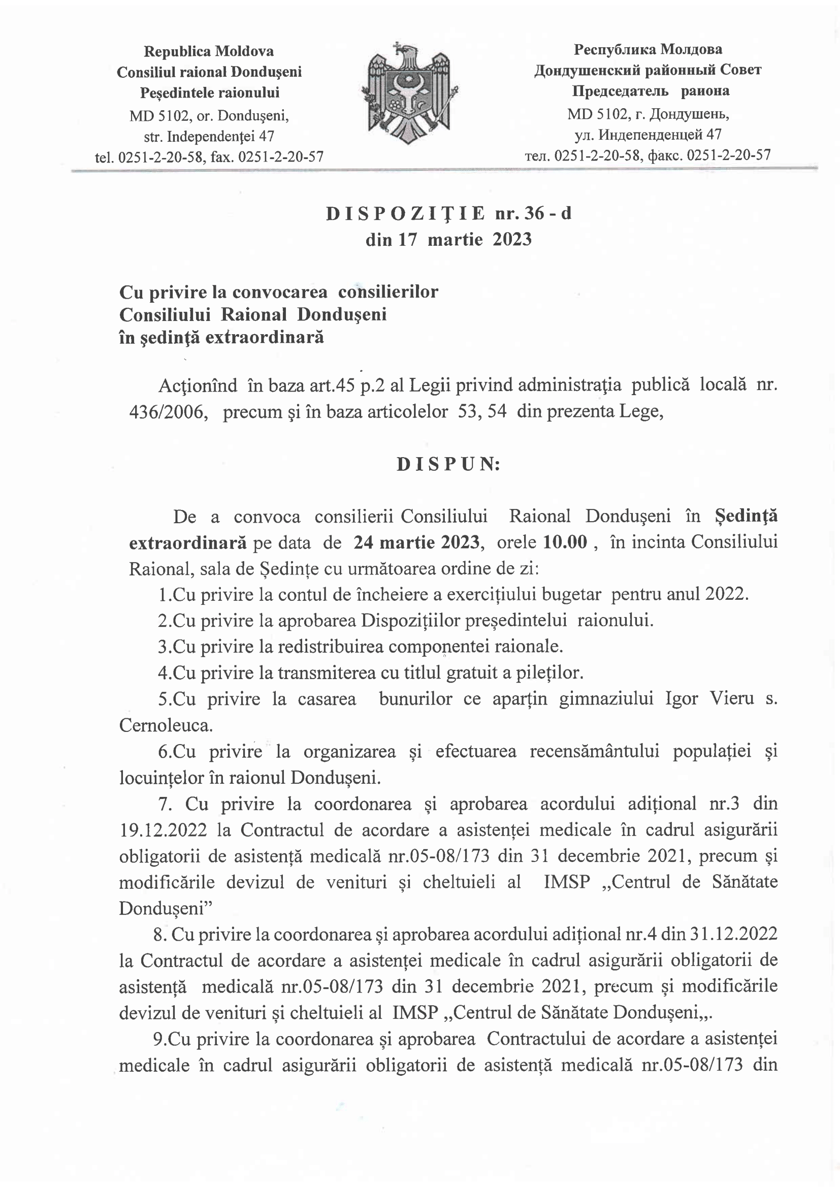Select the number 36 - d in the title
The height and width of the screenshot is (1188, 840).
(x=547, y=214)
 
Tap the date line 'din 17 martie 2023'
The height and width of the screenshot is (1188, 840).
(x=448, y=240)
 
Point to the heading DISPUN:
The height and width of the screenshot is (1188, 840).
(x=448, y=465)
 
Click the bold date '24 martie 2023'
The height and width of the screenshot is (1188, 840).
(x=416, y=542)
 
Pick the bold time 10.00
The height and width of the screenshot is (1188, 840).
(x=565, y=542)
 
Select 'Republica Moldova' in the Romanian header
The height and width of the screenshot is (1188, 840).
(x=208, y=51)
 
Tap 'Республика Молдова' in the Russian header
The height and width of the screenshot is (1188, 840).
(x=648, y=50)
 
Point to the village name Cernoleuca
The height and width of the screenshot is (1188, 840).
(x=166, y=725)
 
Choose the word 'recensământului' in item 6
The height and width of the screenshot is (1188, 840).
(x=594, y=751)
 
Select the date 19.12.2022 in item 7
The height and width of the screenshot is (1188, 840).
(x=163, y=830)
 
